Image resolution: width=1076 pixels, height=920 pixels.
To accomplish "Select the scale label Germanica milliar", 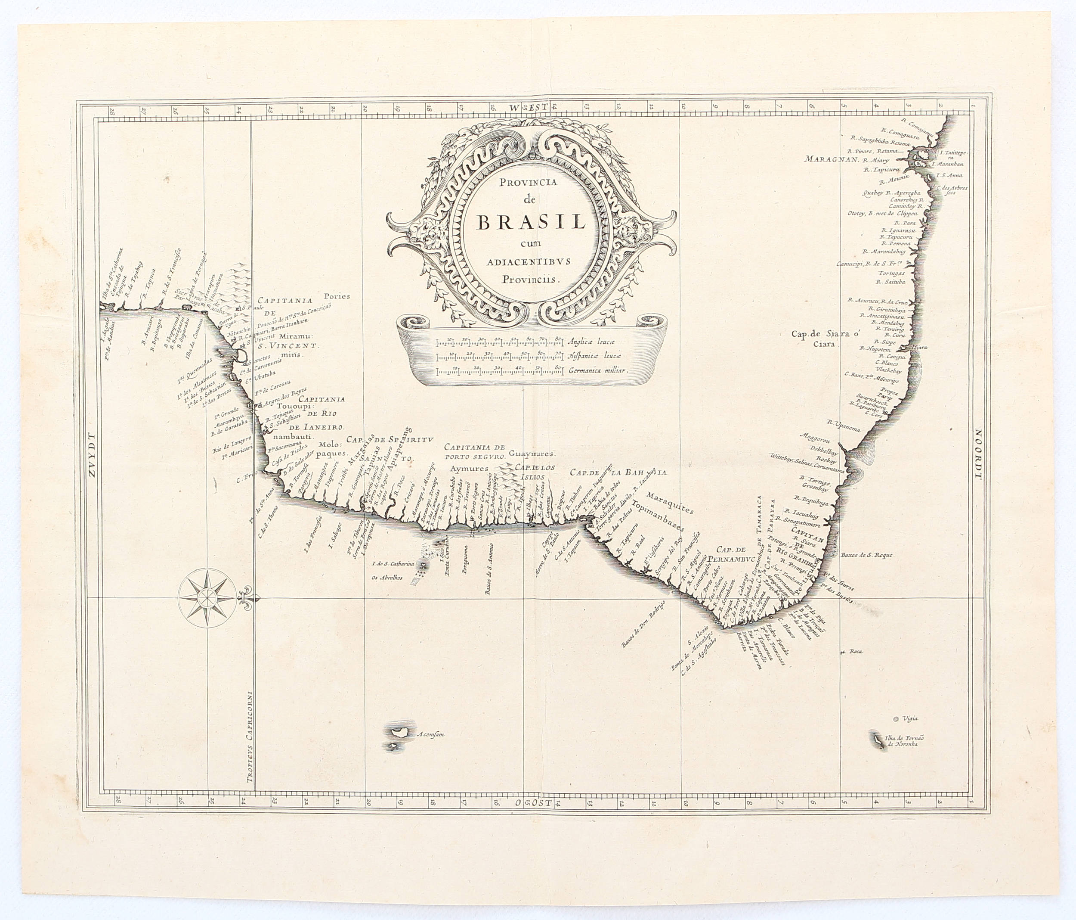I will [x=598, y=372].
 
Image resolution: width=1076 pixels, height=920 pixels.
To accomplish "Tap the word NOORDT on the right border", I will [x=980, y=457].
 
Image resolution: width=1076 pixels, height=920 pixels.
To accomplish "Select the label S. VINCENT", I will [x=293, y=345].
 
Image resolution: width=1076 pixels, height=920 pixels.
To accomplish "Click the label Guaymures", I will [x=532, y=453].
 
